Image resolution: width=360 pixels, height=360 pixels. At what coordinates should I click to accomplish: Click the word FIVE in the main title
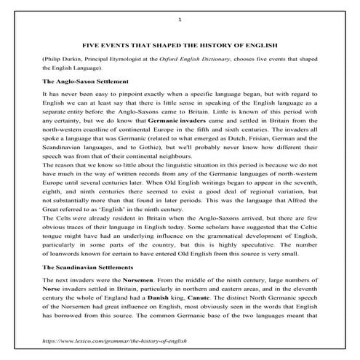click(89, 45)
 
